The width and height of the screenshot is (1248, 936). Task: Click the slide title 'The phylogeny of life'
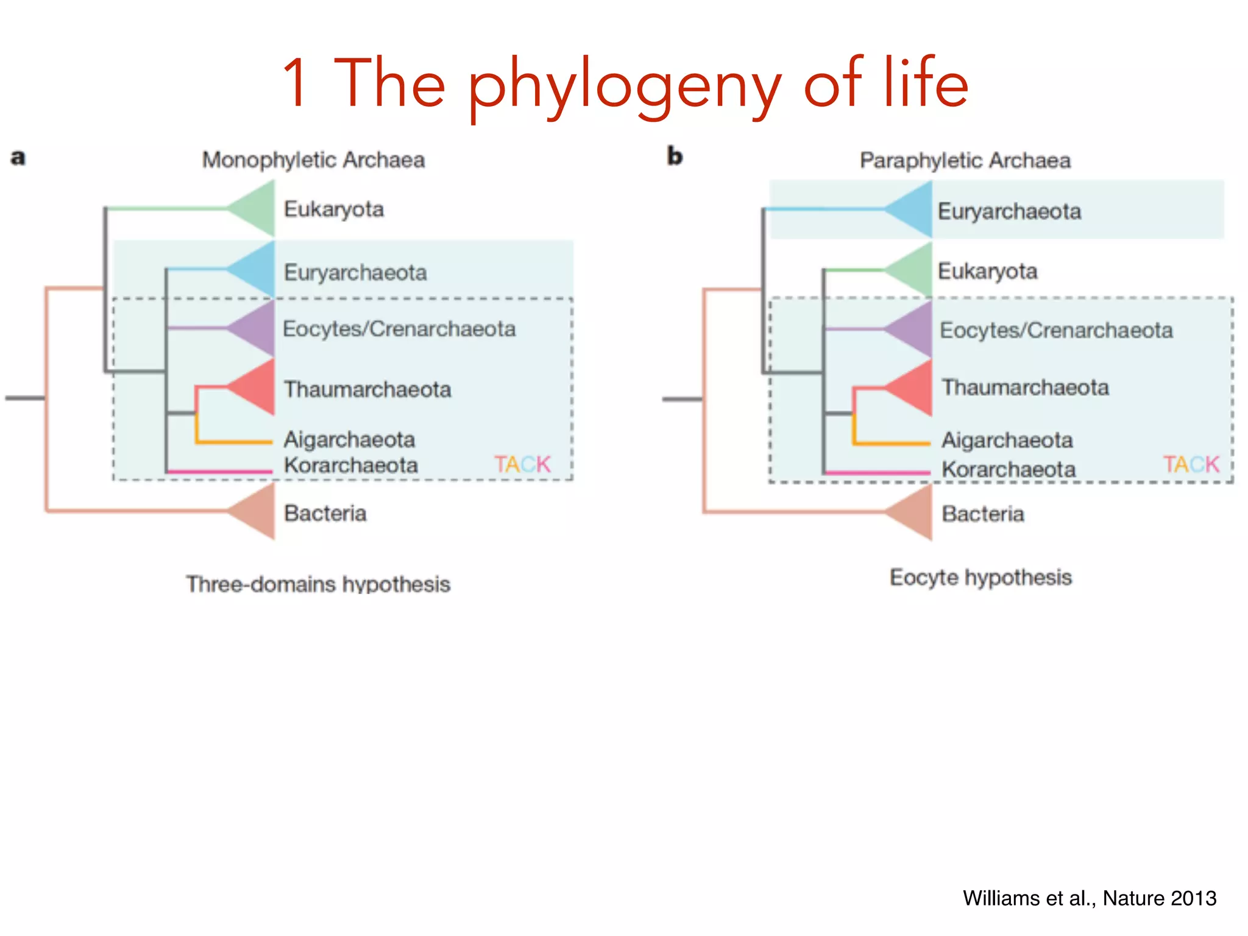(625, 83)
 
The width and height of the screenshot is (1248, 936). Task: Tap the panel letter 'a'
(18, 157)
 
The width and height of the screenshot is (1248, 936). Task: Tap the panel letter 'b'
(675, 157)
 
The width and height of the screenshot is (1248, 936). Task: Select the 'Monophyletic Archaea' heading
(313, 160)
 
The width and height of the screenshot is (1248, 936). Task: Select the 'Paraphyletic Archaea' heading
(965, 161)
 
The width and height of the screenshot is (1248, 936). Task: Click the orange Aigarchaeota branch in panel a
(235, 441)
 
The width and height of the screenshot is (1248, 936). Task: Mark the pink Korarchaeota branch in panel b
(877, 472)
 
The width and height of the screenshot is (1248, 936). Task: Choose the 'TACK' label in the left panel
(522, 465)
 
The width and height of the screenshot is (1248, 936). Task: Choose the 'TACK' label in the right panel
(1191, 465)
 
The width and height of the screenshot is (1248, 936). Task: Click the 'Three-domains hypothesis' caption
(318, 584)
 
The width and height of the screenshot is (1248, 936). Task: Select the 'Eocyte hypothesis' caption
(980, 577)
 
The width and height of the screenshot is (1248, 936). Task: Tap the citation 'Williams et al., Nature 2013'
(1090, 898)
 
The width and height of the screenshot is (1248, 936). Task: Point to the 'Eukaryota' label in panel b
(987, 271)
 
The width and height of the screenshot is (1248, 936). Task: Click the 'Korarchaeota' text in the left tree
(351, 466)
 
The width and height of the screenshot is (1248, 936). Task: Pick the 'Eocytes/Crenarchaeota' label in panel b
(1056, 330)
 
